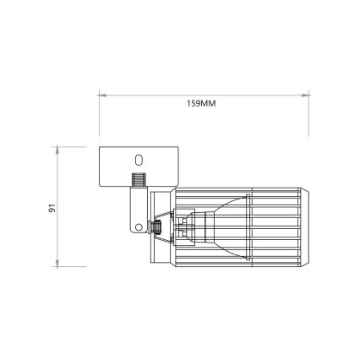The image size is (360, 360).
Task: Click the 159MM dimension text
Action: [x=201, y=106]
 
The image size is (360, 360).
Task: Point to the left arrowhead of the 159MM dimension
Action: [x=101, y=95]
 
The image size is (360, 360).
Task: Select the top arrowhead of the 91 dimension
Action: [x=57, y=150]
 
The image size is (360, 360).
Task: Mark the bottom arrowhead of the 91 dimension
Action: [x=57, y=263]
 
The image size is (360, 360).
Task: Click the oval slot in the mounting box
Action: [x=139, y=158]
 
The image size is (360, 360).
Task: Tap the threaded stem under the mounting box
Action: [x=136, y=181]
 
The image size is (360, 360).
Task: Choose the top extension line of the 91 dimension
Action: [x=76, y=147]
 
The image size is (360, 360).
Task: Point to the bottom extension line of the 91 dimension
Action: [x=76, y=265]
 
